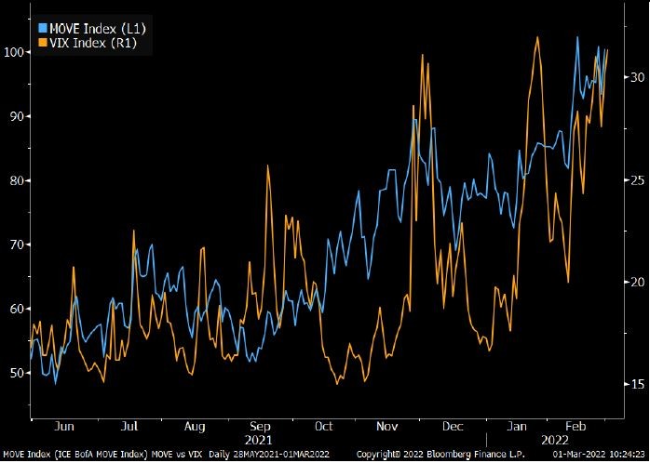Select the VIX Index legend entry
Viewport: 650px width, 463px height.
click(92, 43)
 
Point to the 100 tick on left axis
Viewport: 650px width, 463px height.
click(15, 52)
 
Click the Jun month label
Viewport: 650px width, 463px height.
click(64, 426)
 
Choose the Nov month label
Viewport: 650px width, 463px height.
click(386, 426)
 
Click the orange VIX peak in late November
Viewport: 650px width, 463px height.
click(423, 55)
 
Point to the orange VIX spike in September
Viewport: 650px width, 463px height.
click(268, 165)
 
